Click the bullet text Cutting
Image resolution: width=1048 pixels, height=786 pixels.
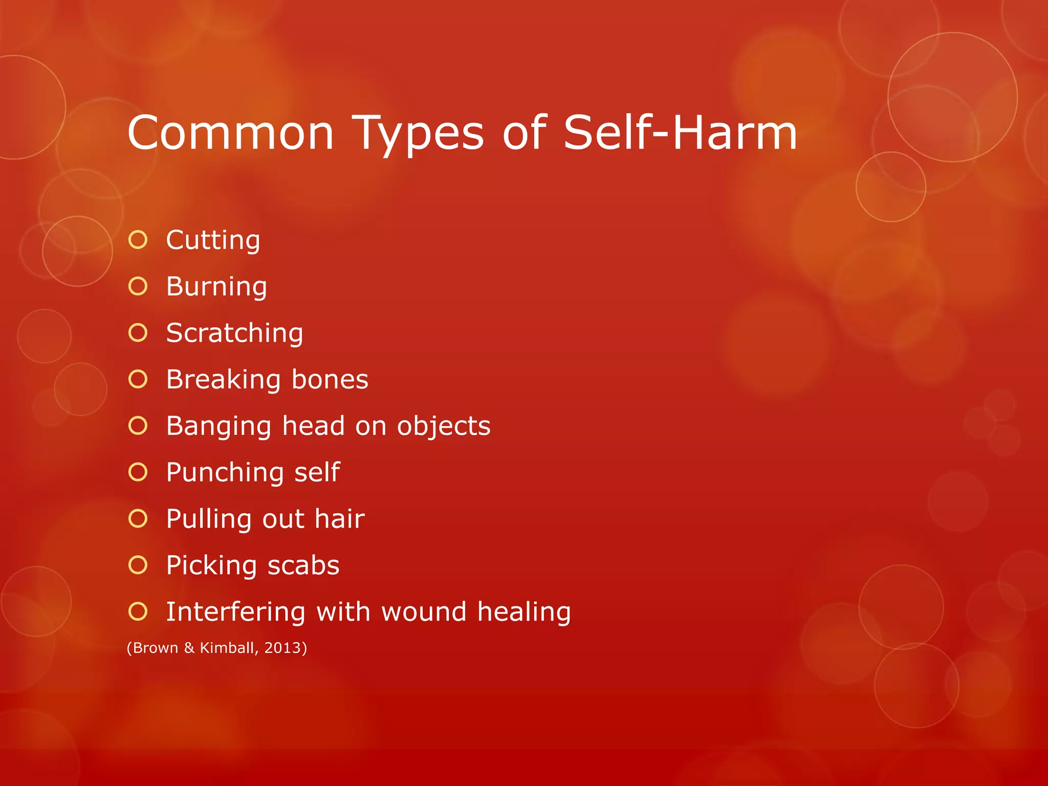click(213, 241)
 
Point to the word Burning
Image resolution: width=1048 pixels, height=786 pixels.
click(216, 287)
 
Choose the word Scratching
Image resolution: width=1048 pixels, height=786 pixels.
click(234, 333)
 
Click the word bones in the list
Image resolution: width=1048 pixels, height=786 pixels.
click(330, 380)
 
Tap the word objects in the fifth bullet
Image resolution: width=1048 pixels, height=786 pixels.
click(443, 426)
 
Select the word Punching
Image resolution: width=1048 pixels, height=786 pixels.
click(224, 473)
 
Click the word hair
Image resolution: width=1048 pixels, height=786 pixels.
click(339, 519)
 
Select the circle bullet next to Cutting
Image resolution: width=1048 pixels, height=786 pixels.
click(138, 240)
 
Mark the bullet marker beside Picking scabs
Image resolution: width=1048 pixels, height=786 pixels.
click(138, 565)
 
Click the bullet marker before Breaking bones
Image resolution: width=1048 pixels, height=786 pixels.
click(138, 379)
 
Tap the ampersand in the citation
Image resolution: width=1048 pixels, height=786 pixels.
click(189, 648)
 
